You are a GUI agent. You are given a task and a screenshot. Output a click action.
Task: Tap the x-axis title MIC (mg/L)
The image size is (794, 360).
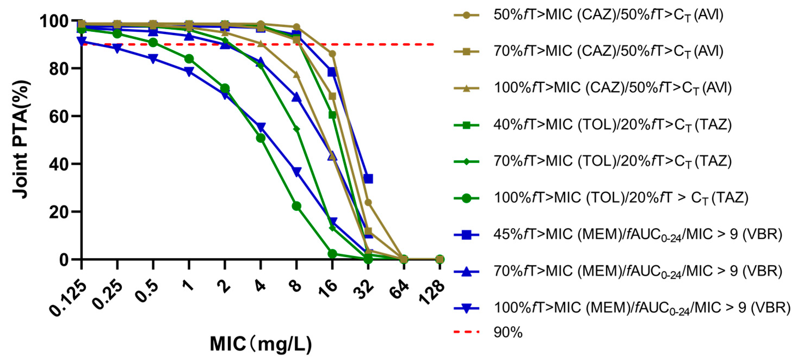click(x=261, y=344)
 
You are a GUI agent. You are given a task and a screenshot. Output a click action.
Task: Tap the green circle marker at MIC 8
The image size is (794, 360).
click(x=296, y=206)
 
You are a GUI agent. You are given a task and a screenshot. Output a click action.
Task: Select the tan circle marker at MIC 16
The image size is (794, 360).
click(x=332, y=54)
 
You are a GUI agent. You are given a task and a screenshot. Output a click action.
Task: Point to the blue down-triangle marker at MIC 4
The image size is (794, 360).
click(x=261, y=127)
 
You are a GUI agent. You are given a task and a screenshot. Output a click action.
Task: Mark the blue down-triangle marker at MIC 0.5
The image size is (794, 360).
click(x=153, y=58)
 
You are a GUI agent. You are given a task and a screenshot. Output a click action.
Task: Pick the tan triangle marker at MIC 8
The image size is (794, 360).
click(x=296, y=75)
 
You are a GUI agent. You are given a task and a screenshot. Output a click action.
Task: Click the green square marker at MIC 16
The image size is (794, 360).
click(x=332, y=115)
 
